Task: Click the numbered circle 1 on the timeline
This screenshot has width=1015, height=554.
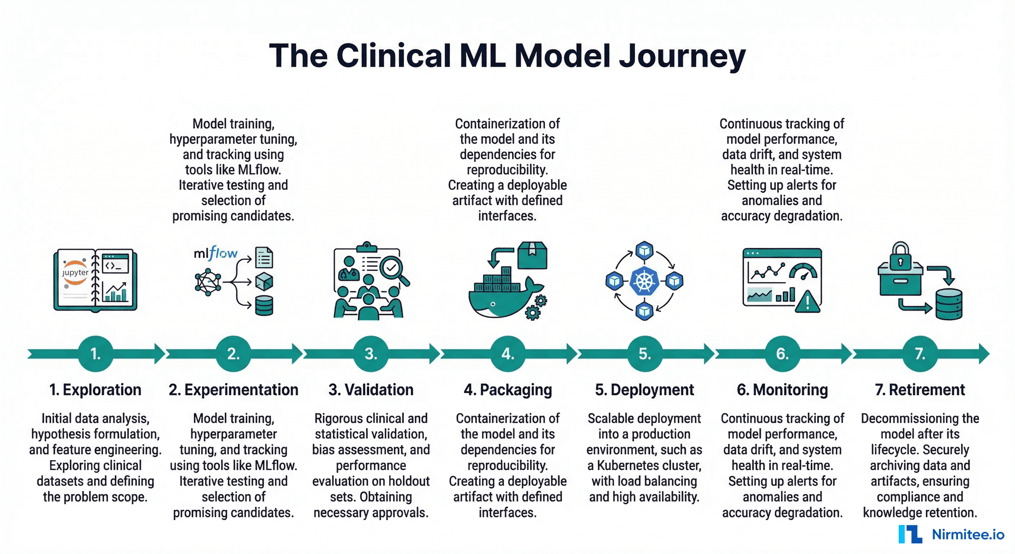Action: [96, 353]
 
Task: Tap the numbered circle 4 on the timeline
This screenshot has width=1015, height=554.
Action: [508, 353]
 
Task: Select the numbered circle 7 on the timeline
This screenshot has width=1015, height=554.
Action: [920, 353]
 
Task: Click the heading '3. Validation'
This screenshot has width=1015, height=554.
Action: [371, 390]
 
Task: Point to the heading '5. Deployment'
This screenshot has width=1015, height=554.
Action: [644, 390]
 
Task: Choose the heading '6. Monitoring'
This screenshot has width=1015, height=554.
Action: [782, 390]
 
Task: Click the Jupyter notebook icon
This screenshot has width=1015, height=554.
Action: [95, 280]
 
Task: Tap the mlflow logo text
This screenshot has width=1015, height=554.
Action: [215, 253]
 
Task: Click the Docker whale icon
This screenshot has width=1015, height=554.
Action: [502, 299]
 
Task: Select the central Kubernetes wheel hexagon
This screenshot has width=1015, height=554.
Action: [644, 280]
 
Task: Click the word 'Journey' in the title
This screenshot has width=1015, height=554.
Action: [682, 56]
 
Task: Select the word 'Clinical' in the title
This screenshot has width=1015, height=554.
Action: [394, 56]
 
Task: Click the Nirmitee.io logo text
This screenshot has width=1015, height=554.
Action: [967, 534]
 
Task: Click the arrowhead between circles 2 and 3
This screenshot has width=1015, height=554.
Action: [297, 353]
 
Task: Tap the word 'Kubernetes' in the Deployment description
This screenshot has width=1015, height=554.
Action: [649, 466]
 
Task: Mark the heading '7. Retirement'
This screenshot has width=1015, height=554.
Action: [920, 390]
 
